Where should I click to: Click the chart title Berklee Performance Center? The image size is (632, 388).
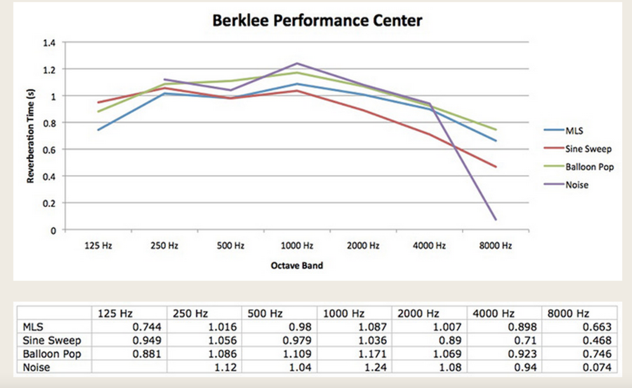(317, 21)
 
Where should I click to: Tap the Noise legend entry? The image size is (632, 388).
(576, 185)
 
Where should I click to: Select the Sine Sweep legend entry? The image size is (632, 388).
(588, 149)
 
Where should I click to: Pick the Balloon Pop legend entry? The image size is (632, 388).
(589, 167)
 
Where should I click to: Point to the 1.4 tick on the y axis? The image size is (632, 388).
(49, 43)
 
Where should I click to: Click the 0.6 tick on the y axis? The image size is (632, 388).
(49, 150)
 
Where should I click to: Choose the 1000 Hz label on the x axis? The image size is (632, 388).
(297, 246)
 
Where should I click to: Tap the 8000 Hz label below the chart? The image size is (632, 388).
(495, 246)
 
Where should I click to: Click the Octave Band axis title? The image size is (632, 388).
(297, 266)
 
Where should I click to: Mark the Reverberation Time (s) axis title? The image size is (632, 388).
(30, 136)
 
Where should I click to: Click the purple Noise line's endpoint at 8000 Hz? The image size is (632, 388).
(496, 220)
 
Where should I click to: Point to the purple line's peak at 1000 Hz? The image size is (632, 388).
(297, 63)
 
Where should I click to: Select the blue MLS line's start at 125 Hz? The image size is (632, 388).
(98, 130)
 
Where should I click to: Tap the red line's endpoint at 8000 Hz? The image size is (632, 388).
(496, 167)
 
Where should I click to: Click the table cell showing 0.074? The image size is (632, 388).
(597, 367)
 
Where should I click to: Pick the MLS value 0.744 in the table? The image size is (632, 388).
(147, 327)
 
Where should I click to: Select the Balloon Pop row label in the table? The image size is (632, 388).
(52, 354)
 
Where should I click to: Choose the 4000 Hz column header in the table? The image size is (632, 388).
(493, 313)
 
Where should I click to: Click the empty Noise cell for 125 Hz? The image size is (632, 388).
(129, 367)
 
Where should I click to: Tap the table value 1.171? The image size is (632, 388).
(372, 354)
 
